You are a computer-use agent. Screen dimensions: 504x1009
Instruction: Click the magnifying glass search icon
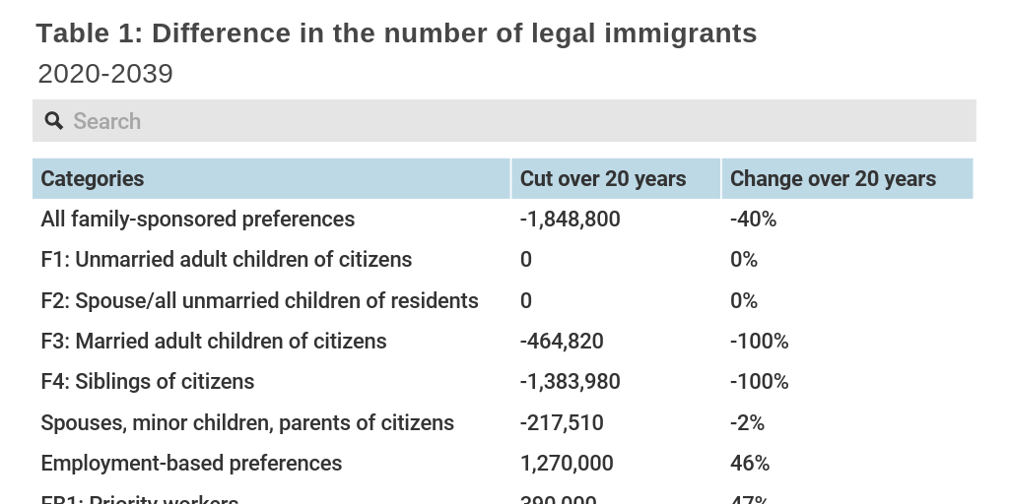(x=54, y=121)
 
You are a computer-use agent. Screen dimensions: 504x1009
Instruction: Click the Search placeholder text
(x=106, y=121)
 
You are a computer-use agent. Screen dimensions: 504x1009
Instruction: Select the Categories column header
(x=93, y=178)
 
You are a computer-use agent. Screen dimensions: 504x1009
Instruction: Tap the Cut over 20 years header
(x=603, y=178)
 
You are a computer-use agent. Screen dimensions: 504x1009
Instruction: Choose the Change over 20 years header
(x=833, y=178)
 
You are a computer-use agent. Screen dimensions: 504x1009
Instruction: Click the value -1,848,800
(x=570, y=220)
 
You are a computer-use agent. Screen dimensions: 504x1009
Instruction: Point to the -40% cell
(x=753, y=220)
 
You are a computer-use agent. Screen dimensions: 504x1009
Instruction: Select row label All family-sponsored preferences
(x=197, y=220)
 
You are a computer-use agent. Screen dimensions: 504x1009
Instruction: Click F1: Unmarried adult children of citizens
(x=226, y=260)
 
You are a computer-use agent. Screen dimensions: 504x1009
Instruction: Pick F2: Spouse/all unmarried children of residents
(x=259, y=300)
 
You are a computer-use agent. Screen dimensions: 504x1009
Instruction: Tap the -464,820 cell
(x=562, y=342)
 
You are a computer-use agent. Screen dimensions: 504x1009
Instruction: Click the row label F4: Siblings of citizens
(x=147, y=382)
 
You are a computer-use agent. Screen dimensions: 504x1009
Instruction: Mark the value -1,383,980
(x=570, y=382)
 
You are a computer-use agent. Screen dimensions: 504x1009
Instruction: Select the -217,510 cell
(x=562, y=423)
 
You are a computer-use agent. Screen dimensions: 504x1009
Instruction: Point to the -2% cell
(x=747, y=423)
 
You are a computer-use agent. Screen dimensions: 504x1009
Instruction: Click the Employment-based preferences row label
(x=191, y=464)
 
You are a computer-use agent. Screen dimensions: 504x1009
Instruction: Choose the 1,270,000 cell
(x=567, y=464)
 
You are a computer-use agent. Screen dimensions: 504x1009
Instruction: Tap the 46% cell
(x=750, y=464)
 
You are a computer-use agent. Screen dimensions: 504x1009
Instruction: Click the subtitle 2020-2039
(x=105, y=74)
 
